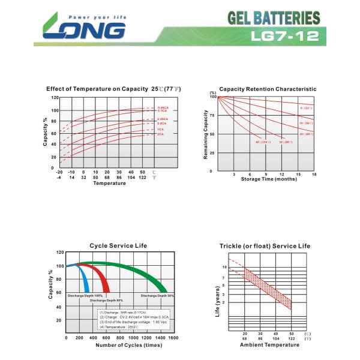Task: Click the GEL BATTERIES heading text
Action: tap(274, 18)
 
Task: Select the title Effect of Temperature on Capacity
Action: tap(98, 89)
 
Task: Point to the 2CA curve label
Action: tap(161, 134)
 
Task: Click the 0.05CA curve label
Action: tap(163, 108)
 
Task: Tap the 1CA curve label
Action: tap(161, 130)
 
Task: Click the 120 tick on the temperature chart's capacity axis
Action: tap(55, 98)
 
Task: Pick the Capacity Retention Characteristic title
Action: tap(268, 89)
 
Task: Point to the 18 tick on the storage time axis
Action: tap(314, 174)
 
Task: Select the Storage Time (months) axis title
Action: tap(269, 179)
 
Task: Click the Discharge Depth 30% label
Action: tap(158, 296)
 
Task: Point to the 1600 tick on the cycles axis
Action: tap(173, 338)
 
